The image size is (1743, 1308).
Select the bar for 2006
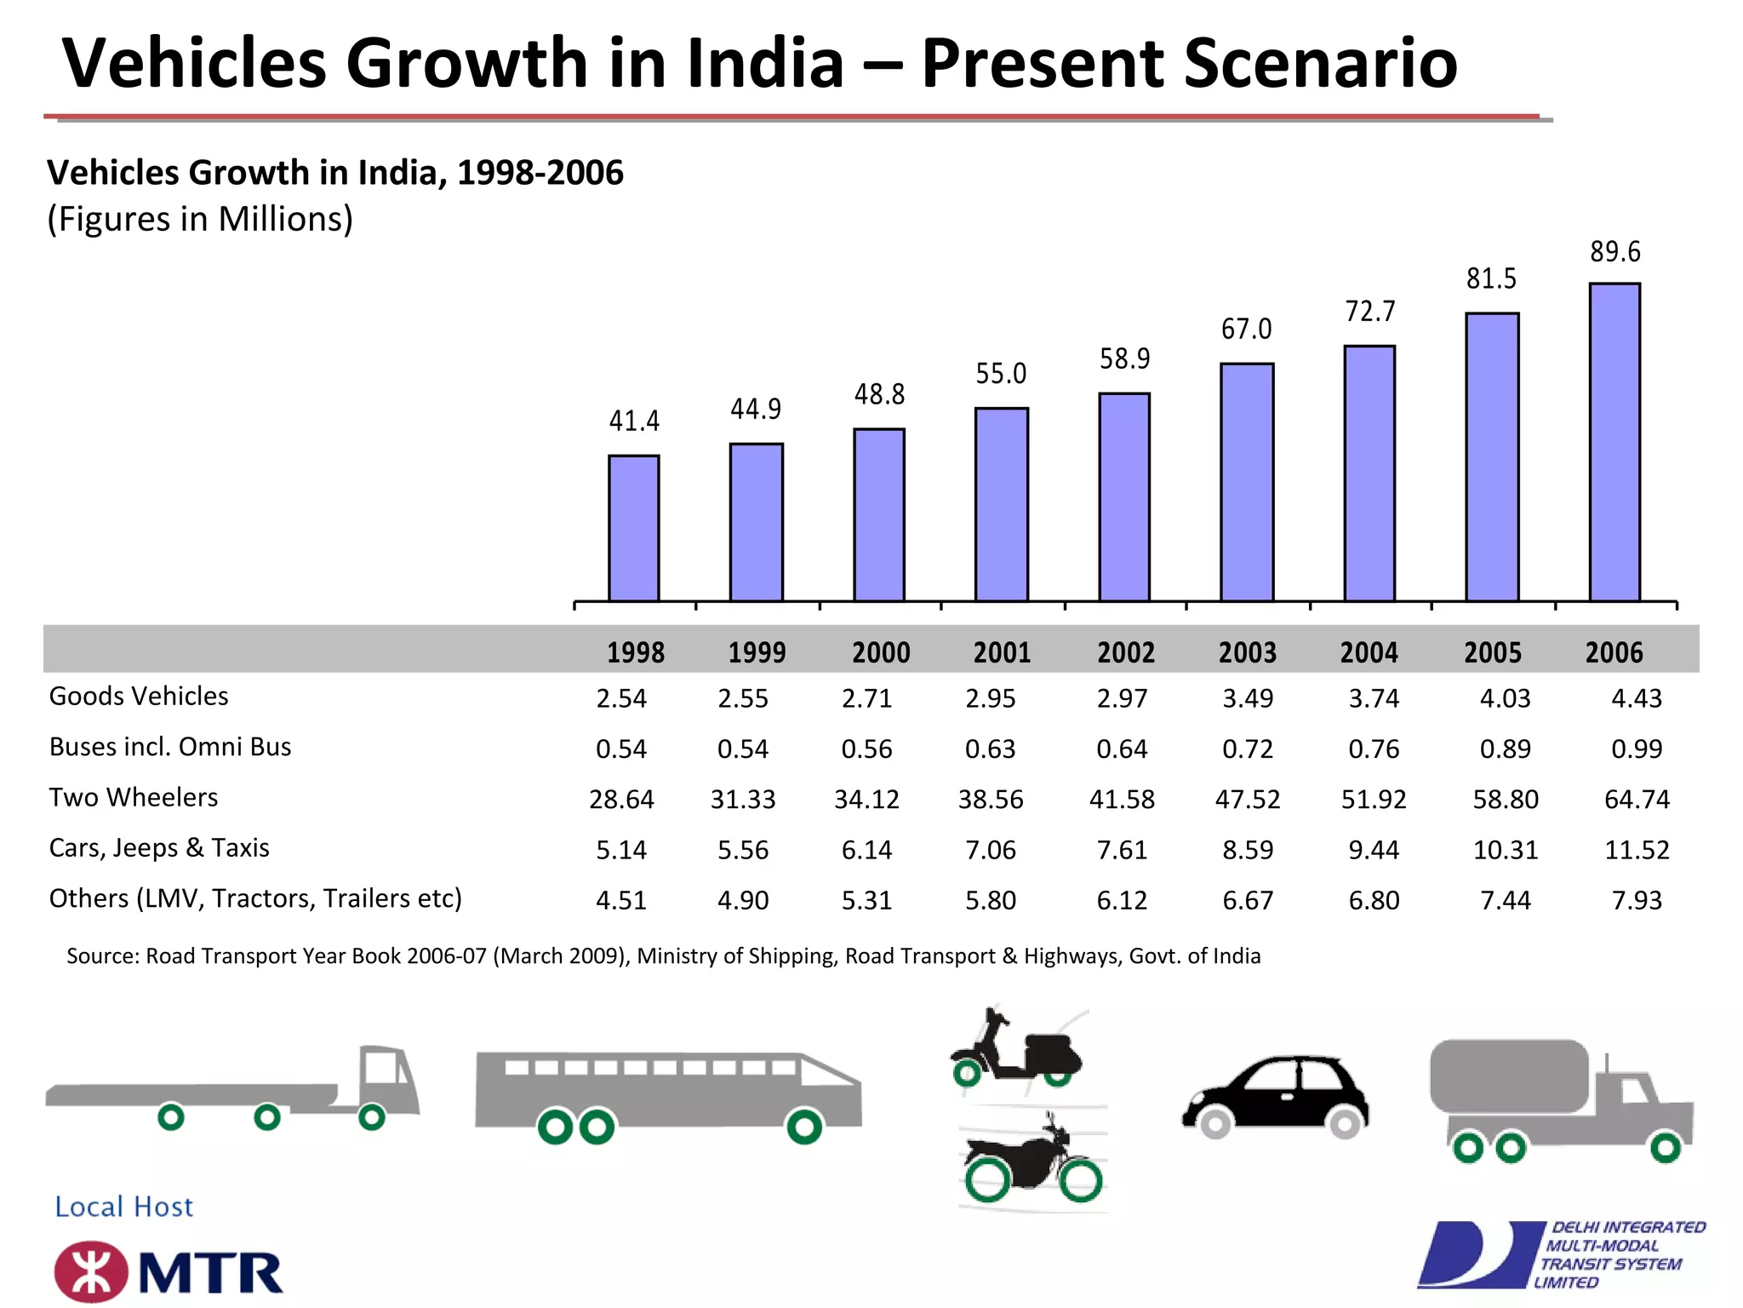1614,443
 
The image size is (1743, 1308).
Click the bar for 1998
633,528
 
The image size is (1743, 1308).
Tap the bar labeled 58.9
1124,497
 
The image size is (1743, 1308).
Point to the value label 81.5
1491,279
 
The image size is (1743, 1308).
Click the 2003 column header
1247,653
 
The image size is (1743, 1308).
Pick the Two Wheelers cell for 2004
1373,800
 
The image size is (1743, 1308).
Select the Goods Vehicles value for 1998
620,699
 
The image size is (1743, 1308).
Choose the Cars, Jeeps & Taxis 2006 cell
1636,850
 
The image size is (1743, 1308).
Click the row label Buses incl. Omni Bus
170,747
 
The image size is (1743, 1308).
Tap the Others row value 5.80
990,900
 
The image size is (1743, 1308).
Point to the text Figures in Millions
200,220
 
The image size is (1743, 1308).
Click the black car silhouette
1275,1094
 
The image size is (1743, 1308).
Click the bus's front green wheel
803,1127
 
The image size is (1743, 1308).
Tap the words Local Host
124,1207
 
